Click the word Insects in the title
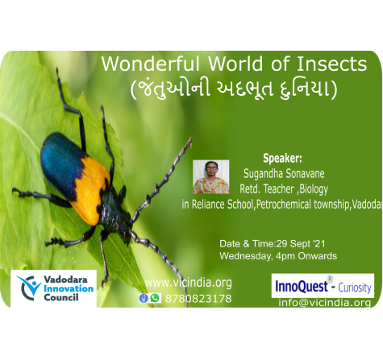[331, 64]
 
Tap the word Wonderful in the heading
[151, 64]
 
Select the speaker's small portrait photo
[211, 177]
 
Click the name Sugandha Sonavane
[284, 174]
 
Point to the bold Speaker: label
[282, 159]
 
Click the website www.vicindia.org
[188, 283]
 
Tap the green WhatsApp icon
[155, 298]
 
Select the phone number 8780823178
[198, 299]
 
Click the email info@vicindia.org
[325, 303]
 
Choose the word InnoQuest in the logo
[302, 287]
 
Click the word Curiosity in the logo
[355, 288]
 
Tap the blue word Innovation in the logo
[69, 288]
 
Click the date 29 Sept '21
[301, 244]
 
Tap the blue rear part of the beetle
[61, 163]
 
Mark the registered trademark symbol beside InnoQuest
[330, 279]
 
